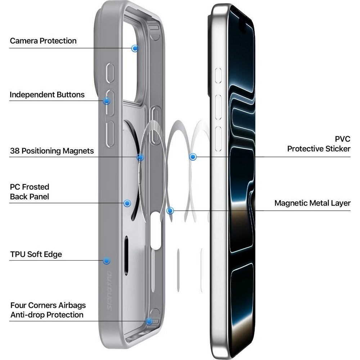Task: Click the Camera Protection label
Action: [43, 41]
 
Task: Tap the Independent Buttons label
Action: [47, 95]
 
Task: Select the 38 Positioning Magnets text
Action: [52, 151]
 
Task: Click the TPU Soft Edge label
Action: [36, 255]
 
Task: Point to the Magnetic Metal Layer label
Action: [312, 203]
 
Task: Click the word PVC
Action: [343, 139]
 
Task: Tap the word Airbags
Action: [72, 305]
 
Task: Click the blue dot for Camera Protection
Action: [135, 48]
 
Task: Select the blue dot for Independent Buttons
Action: [106, 100]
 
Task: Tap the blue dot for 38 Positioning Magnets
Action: [140, 157]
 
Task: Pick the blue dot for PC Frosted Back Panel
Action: [127, 203]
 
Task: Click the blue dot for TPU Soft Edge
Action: [106, 261]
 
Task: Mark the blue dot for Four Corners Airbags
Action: [149, 321]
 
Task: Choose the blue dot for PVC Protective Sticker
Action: [193, 157]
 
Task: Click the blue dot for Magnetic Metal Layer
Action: [170, 211]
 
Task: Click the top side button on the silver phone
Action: [219, 76]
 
